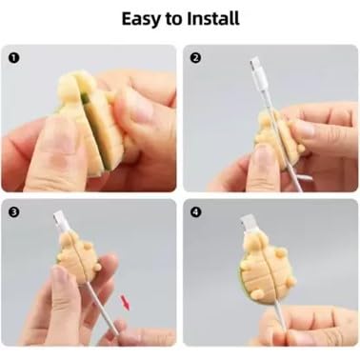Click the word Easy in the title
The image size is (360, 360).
[x=142, y=19]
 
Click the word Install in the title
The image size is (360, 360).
[x=212, y=18]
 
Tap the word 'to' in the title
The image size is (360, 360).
[x=173, y=19]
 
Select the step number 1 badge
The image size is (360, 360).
[x=14, y=58]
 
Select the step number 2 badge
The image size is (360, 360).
[x=195, y=58]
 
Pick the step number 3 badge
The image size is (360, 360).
[x=14, y=212]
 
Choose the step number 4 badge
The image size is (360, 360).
[x=195, y=212]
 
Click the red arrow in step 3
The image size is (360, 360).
[x=125, y=302]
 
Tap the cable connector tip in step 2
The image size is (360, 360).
[x=256, y=66]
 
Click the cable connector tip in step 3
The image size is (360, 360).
[x=60, y=219]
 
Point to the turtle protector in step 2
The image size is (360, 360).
[x=279, y=135]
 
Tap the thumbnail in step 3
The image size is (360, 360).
[x=60, y=276]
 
